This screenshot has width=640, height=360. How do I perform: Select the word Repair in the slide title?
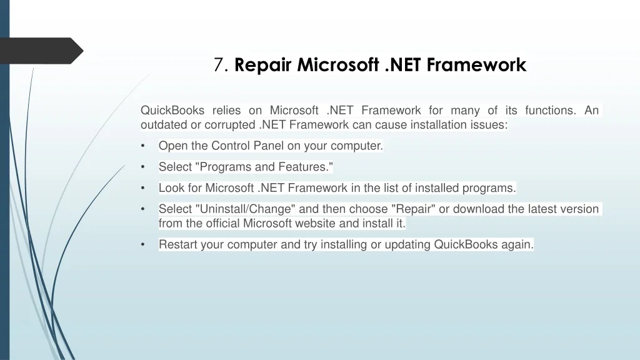(x=263, y=65)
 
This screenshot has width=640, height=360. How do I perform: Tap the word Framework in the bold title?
(x=476, y=65)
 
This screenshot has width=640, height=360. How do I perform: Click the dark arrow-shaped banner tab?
(x=41, y=51)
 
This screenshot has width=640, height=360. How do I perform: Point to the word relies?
(x=226, y=110)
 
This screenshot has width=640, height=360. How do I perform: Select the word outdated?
(x=164, y=124)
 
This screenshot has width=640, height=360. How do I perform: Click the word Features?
(x=304, y=166)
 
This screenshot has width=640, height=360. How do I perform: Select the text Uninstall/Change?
(x=245, y=209)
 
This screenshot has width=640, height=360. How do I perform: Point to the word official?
(x=222, y=223)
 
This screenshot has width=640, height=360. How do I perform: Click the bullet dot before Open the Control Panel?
(x=143, y=146)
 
